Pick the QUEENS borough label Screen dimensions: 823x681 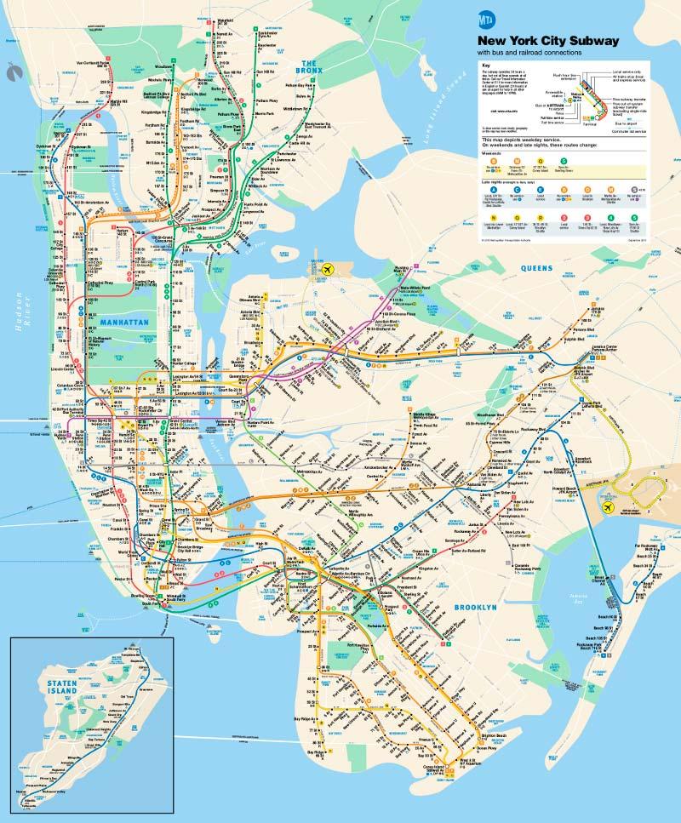pos(537,268)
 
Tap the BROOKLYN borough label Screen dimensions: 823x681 pos(474,607)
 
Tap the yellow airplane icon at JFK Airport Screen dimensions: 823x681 pos(607,507)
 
